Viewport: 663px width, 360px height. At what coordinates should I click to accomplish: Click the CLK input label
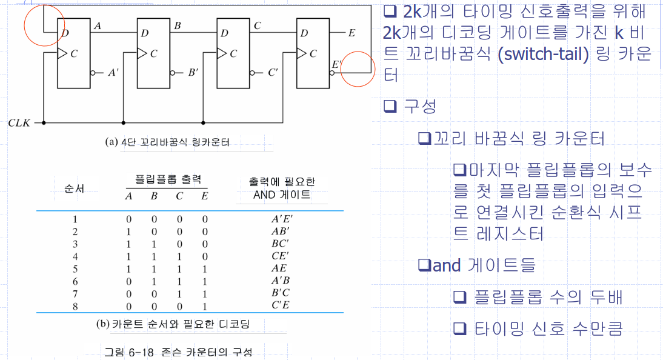(19, 123)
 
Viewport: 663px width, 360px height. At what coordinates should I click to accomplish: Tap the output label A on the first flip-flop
(97, 25)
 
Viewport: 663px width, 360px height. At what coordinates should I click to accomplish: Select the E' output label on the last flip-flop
(336, 64)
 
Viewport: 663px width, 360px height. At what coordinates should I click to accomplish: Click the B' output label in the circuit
(193, 73)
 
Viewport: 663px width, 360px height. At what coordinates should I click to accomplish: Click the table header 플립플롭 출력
(167, 180)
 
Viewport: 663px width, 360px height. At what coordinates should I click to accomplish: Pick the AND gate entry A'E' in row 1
(281, 219)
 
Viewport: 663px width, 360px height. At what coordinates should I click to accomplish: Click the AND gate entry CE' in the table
(280, 256)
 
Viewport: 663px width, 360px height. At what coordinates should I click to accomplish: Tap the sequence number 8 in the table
(75, 305)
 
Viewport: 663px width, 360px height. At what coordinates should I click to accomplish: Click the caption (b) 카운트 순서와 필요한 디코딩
(173, 324)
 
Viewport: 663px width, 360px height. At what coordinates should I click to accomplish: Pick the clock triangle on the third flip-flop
(222, 53)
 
